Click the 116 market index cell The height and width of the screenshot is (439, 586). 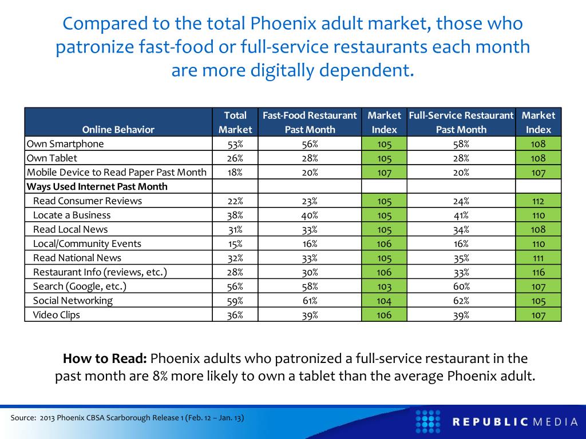tap(538, 272)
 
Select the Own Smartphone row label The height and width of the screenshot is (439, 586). tap(65, 144)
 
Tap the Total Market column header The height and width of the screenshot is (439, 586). tap(235, 122)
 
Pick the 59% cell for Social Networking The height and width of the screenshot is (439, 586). tap(235, 301)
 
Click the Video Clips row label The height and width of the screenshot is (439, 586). tap(57, 315)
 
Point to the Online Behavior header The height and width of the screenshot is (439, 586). tap(118, 129)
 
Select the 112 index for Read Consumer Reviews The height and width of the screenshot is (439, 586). tap(538, 201)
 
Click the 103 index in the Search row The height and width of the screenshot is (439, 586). tap(384, 287)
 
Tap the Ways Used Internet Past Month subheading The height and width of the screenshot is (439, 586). tap(97, 186)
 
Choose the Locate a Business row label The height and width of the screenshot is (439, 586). tap(72, 215)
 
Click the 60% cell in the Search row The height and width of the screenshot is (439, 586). tap(461, 286)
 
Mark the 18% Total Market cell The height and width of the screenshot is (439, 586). tap(235, 172)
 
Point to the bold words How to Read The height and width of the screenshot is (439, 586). tap(105, 359)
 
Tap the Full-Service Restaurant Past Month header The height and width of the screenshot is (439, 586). tap(461, 122)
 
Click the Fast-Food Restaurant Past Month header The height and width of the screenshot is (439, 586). tap(310, 122)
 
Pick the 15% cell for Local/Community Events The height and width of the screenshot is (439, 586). tap(235, 244)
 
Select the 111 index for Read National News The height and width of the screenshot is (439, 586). tap(538, 258)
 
